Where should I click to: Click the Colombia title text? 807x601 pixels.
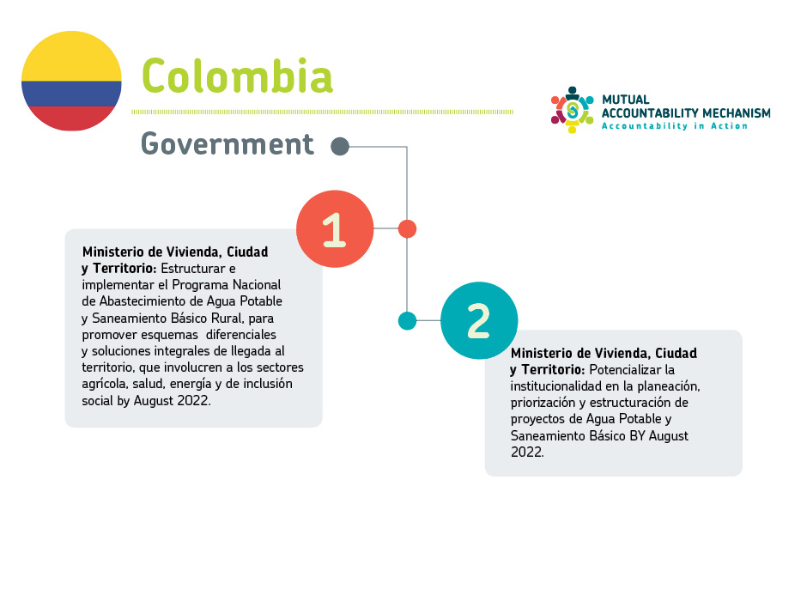click(x=237, y=76)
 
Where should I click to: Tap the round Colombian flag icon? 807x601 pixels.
click(x=71, y=81)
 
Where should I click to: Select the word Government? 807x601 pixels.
click(x=227, y=143)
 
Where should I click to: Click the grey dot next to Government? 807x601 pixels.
click(x=340, y=147)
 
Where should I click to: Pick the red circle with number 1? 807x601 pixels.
click(x=335, y=229)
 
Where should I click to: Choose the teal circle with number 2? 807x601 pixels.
click(x=479, y=320)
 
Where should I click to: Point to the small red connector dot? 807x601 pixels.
click(x=407, y=229)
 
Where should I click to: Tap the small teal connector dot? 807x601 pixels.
click(x=407, y=320)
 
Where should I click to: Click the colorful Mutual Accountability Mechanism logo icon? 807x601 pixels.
click(x=572, y=110)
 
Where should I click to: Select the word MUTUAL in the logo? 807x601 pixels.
click(x=626, y=100)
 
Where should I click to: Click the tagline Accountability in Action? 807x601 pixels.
click(x=675, y=126)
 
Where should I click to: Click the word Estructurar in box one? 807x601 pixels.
click(x=193, y=269)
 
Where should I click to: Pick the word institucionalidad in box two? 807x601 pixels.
click(x=555, y=385)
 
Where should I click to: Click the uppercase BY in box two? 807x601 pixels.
click(x=637, y=436)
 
